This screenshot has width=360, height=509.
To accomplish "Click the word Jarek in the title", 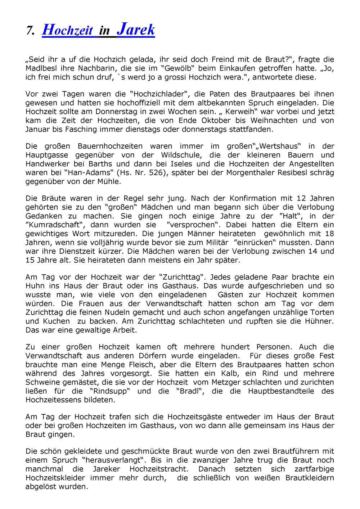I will pyautogui.click(x=136, y=30).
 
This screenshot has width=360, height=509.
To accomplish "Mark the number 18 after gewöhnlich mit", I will pyautogui.click(x=329, y=234).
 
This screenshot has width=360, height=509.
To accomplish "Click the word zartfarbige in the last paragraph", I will pyautogui.click(x=314, y=469).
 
